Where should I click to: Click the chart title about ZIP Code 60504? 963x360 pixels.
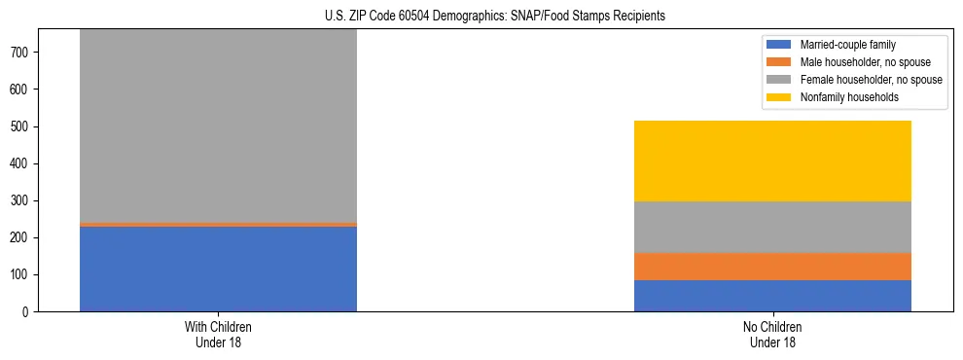(495, 17)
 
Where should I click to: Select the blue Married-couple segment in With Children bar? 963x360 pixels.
(218, 269)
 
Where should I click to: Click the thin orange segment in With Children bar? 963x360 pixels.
(218, 225)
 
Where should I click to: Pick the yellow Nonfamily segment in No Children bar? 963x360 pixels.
(772, 161)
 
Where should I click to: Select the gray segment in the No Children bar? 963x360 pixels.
(772, 227)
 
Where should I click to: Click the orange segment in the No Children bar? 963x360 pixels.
(772, 267)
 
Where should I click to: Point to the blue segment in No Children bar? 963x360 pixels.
(772, 296)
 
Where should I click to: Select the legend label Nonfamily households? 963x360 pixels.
(841, 97)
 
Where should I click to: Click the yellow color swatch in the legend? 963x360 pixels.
(779, 97)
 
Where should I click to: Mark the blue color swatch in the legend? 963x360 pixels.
(779, 45)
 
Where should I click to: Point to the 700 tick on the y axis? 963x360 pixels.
(29, 53)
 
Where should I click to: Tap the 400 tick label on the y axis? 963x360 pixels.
(29, 163)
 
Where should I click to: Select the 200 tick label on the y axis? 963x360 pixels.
(29, 238)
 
